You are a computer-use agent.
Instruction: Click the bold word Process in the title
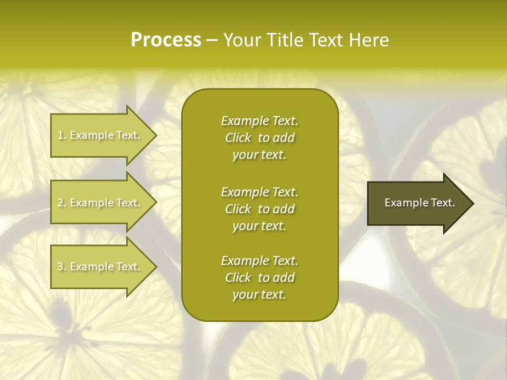(x=166, y=40)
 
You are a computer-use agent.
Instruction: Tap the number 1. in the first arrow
(x=62, y=135)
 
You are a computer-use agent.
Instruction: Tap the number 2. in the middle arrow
(x=62, y=203)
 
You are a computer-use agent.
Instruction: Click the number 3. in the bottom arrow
(x=62, y=267)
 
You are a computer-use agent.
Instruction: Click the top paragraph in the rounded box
(x=259, y=138)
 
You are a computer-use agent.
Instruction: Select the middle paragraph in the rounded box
(x=259, y=209)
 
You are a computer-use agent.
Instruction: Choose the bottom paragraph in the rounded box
(x=259, y=278)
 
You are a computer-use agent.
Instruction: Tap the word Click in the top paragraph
(x=238, y=138)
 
